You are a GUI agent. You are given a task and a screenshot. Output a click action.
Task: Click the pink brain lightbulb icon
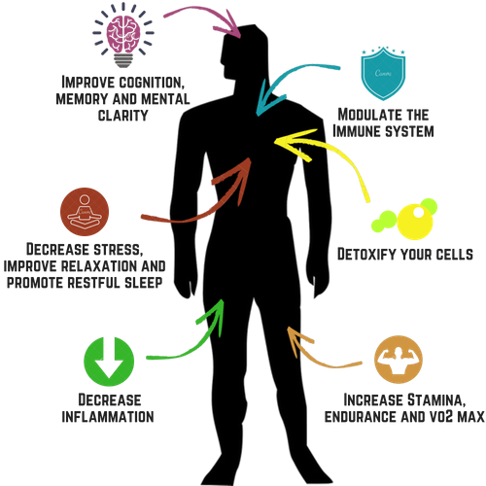coord(123,36)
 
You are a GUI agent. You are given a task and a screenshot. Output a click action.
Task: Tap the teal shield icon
coord(383,74)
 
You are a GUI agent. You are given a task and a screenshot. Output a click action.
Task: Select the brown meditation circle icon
coord(85,212)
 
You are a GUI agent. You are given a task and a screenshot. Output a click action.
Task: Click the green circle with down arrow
coord(109,362)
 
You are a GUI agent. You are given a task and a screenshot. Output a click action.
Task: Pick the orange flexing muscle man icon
coord(399,360)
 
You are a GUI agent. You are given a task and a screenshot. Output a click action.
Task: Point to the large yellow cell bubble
coord(415,222)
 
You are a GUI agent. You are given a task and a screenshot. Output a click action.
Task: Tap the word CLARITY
coord(122,116)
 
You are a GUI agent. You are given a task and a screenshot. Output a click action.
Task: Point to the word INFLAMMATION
coord(108,417)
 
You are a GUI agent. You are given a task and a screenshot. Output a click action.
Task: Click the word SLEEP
coord(143,283)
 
